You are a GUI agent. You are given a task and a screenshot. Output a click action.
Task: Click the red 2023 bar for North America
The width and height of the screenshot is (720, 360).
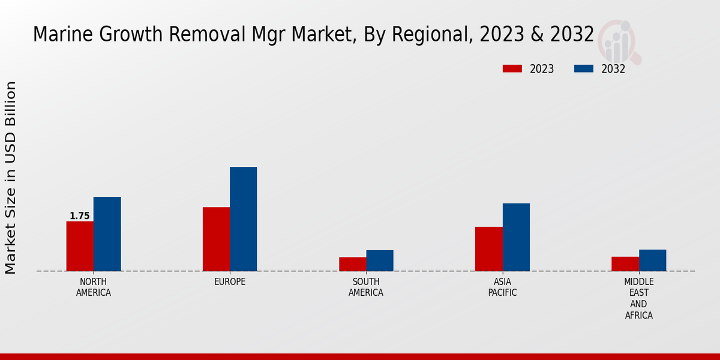click(x=80, y=246)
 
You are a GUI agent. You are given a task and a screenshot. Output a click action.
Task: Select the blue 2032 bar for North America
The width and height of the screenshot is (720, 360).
click(x=107, y=234)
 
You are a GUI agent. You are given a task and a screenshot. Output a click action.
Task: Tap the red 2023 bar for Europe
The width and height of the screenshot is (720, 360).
click(x=216, y=239)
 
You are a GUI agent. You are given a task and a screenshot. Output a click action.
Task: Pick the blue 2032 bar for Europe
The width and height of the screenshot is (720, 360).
click(x=243, y=219)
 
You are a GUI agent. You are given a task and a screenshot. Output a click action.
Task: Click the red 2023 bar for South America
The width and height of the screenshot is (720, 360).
click(x=352, y=264)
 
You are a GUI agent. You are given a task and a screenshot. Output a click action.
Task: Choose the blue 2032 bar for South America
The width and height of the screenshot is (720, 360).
click(x=380, y=260)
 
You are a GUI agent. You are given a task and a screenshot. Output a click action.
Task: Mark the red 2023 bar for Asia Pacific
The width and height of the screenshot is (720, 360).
click(x=488, y=249)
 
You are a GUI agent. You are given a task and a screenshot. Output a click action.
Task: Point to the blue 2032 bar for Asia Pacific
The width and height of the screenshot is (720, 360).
click(x=516, y=237)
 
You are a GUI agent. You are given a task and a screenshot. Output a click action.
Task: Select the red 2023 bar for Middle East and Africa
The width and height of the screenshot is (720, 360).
click(x=625, y=264)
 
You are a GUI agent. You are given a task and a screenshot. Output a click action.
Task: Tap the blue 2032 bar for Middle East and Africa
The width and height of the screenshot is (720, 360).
click(x=652, y=260)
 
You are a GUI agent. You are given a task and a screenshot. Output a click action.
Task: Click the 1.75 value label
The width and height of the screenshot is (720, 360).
click(x=80, y=216)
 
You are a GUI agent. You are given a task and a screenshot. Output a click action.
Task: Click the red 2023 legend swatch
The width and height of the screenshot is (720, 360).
click(x=512, y=68)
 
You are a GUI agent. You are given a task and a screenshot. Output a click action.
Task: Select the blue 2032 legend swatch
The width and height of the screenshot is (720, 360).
click(x=584, y=68)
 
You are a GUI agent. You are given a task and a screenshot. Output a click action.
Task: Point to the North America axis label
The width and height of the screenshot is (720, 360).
click(x=94, y=287)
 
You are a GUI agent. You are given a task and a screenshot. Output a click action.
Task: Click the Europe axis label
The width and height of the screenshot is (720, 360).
click(x=230, y=282)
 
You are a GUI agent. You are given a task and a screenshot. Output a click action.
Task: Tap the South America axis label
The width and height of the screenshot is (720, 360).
click(x=366, y=287)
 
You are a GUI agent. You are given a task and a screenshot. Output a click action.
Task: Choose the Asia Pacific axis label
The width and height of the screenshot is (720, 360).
click(x=502, y=287)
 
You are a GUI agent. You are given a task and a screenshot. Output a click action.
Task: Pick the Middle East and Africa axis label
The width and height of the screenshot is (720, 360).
click(x=638, y=299)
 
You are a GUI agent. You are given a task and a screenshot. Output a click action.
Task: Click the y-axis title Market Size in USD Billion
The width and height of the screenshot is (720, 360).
click(x=11, y=178)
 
